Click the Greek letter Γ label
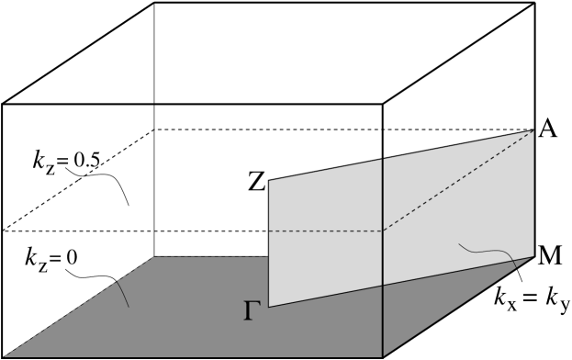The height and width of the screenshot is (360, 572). pos(252,311)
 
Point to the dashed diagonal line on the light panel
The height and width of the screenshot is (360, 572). pos(459,181)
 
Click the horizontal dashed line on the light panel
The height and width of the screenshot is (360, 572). pos(326,231)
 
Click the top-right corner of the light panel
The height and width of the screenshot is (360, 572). pos(533,131)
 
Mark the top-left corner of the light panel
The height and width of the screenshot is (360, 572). pos(269,181)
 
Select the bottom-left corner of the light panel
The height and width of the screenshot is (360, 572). pos(269,307)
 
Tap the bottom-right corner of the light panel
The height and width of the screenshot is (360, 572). pos(533,255)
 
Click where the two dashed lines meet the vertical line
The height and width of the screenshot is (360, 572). pos(382,231)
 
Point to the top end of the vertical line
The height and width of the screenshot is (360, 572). pos(382,159)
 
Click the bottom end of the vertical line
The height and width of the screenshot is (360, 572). pos(382,356)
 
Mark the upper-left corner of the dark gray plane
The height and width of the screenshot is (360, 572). pos(154,258)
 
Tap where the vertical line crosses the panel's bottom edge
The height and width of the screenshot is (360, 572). pos(382,286)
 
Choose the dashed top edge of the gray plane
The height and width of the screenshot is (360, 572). pos(211,258)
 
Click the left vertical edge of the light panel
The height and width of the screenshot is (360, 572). pos(269,243)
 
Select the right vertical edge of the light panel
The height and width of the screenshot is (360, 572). pos(533,193)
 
